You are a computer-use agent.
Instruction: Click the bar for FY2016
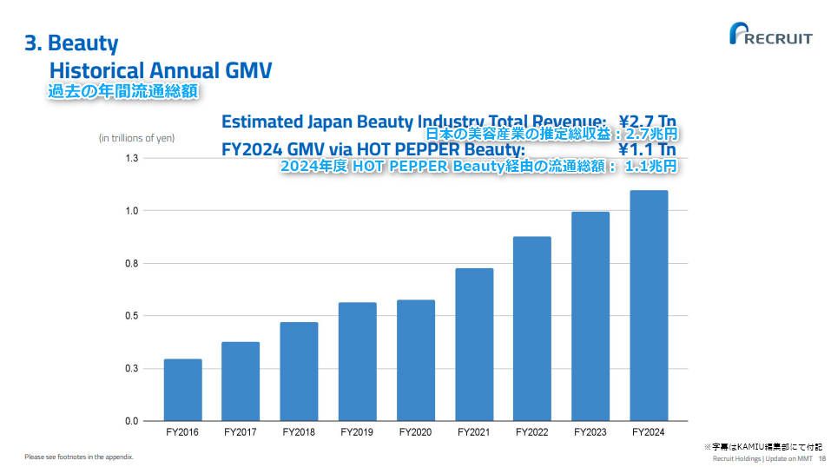[x=182, y=390]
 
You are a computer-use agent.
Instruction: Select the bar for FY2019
[x=358, y=361]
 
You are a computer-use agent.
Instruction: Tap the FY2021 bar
[x=474, y=344]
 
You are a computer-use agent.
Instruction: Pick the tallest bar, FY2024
[x=649, y=306]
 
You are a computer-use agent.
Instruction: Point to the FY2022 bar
[x=532, y=328]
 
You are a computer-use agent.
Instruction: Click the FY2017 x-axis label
[x=241, y=431]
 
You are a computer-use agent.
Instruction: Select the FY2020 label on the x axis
[x=416, y=431]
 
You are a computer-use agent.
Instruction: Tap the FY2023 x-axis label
[x=590, y=431]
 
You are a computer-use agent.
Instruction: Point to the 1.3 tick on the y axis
[x=132, y=158]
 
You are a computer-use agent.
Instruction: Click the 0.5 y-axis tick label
[x=132, y=316]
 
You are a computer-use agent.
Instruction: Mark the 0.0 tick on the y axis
[x=132, y=421]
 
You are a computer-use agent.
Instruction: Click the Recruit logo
[x=772, y=37]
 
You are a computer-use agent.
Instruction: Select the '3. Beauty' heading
[x=71, y=43]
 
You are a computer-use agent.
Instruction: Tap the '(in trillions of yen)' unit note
[x=137, y=138]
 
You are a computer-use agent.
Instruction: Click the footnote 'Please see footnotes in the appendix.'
[x=79, y=457]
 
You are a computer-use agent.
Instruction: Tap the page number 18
[x=822, y=458]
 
